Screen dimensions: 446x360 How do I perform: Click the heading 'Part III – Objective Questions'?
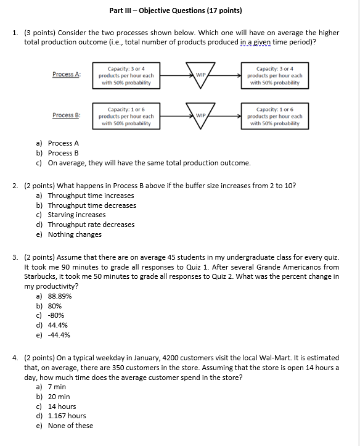175,10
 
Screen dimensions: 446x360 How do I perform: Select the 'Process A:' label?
67,75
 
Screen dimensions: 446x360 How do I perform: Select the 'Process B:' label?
67,115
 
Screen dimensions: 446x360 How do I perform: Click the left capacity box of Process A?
126,75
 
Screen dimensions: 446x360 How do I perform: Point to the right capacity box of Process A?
274,75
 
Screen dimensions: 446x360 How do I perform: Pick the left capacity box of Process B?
126,116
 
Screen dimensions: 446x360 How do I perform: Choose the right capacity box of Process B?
274,116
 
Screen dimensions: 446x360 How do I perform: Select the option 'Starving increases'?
76,215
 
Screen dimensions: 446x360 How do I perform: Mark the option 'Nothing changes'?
75,234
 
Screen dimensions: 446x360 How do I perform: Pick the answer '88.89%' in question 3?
59,296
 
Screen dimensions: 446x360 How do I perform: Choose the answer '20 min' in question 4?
59,397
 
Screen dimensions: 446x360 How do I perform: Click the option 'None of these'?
70,426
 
